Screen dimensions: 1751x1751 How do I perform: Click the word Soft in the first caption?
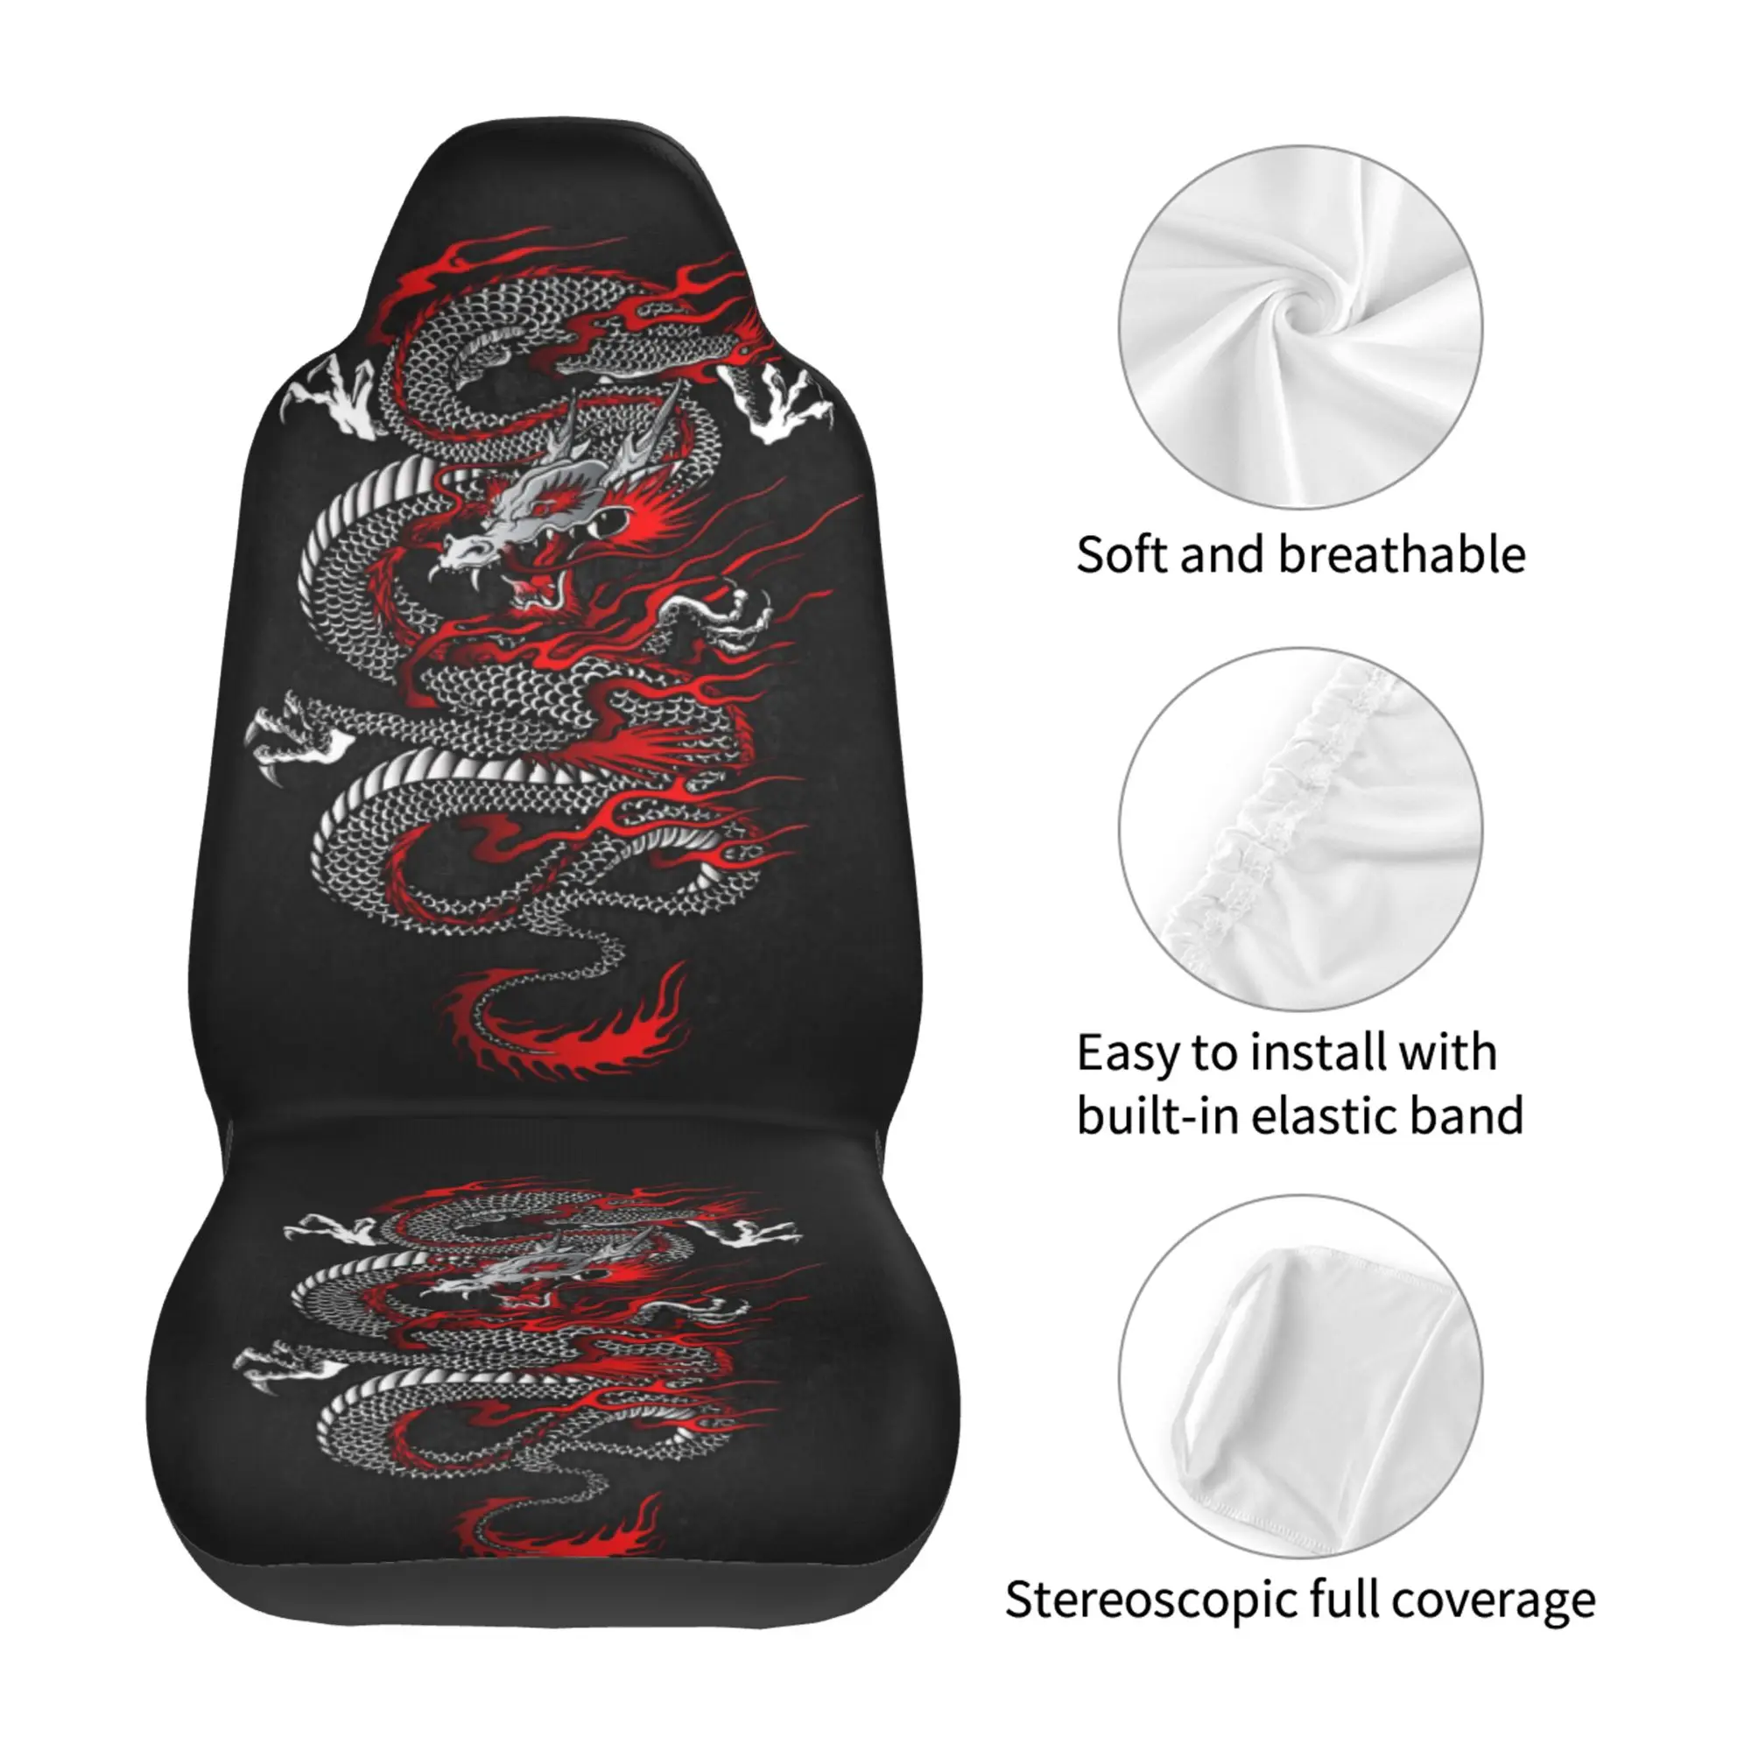1122,555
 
